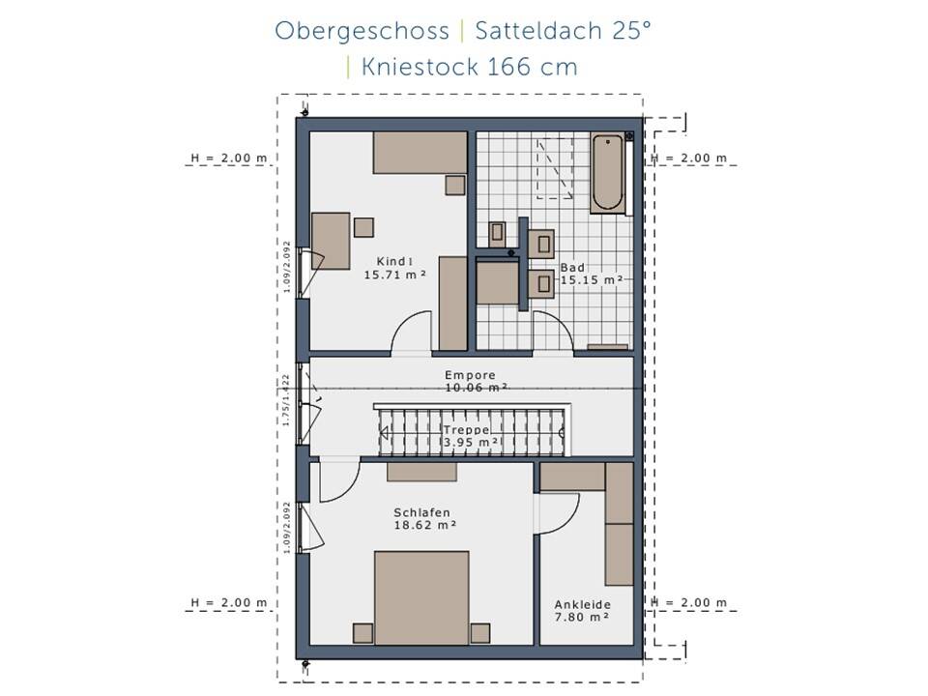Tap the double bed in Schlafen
coord(420,596)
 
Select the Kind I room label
coord(395,261)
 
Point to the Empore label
coord(470,375)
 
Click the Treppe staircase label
coord(466,429)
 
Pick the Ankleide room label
coord(583,603)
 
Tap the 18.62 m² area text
coord(424,526)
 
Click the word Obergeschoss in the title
coord(362,31)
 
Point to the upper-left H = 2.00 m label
coord(229,158)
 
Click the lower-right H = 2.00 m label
coord(689,602)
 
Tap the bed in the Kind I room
coord(420,153)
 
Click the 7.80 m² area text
coord(581,616)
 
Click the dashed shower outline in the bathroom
coord(554,166)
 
